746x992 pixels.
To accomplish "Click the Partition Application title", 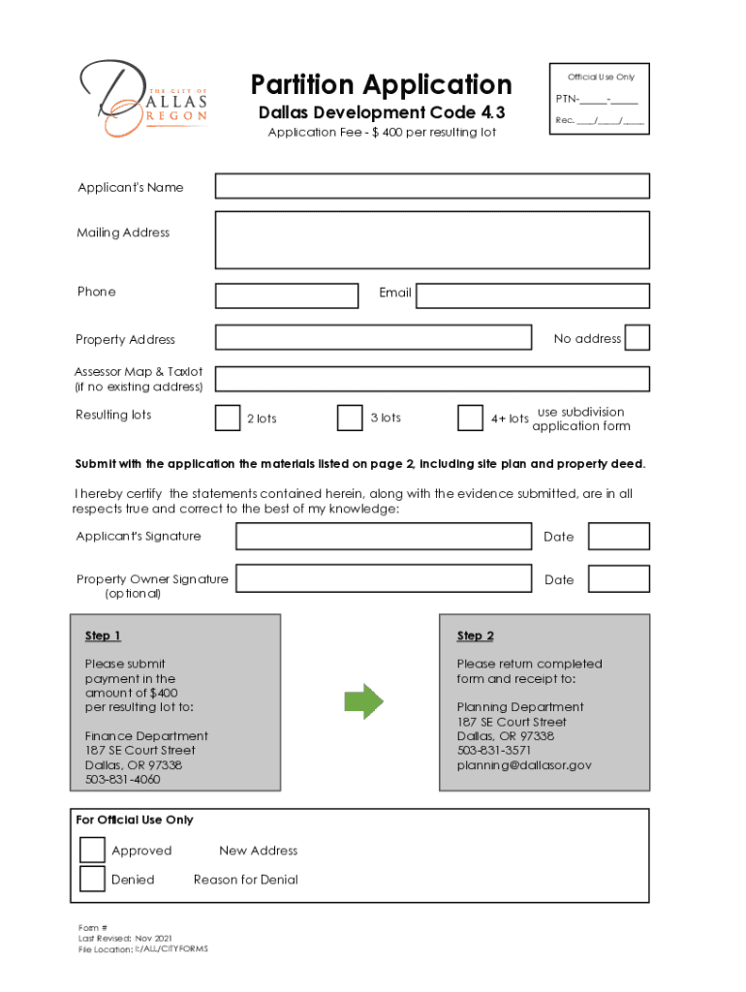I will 381,84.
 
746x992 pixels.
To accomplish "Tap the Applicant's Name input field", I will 432,186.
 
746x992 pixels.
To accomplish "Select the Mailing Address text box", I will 432,239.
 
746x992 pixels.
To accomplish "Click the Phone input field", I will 287,295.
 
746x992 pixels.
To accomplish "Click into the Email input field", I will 533,295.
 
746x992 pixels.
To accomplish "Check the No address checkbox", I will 637,337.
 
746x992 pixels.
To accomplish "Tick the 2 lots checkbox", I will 228,418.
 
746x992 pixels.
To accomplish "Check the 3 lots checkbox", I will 350,418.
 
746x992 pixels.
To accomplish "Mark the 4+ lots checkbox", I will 470,418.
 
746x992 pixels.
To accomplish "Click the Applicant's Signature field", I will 384,536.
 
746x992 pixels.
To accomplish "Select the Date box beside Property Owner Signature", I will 619,579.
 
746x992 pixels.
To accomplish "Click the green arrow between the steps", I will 364,700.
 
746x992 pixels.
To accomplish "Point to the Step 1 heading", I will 103,635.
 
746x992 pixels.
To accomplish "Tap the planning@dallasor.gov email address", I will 524,765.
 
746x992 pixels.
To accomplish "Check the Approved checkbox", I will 92,850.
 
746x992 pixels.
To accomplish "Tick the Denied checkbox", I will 92,879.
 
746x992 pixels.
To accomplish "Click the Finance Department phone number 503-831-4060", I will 123,780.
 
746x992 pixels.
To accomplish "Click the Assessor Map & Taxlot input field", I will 432,379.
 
